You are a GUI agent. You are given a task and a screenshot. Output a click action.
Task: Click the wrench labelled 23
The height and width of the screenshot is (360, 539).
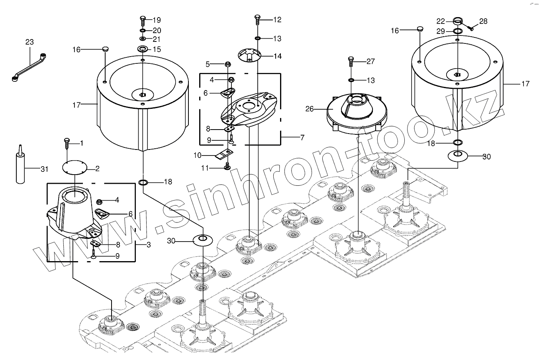pos(29,65)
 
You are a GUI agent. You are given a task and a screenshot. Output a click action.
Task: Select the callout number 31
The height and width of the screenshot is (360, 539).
pos(44,169)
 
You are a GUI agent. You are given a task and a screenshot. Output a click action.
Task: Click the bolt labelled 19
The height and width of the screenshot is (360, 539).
pos(143,20)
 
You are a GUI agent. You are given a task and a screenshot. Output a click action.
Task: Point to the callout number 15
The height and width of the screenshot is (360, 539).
pos(157,49)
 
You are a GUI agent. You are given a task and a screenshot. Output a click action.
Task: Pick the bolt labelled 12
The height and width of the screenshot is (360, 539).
pos(257,19)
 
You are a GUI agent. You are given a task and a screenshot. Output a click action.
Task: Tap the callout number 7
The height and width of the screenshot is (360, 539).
pos(302,138)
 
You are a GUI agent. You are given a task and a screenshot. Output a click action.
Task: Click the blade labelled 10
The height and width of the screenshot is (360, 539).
pos(223,154)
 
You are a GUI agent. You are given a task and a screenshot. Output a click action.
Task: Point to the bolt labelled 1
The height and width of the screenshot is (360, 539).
pos(67,143)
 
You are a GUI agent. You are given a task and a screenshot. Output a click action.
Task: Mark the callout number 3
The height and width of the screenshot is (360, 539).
pos(148,245)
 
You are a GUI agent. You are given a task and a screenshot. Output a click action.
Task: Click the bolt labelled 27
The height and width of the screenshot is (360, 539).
pos(351,62)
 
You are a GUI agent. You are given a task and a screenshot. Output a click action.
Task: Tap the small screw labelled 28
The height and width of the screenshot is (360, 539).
pos(470,28)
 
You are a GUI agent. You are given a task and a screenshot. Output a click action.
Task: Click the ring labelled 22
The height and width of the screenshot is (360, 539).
pos(457,21)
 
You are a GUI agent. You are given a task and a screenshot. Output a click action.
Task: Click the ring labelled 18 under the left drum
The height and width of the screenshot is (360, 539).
pos(143,183)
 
